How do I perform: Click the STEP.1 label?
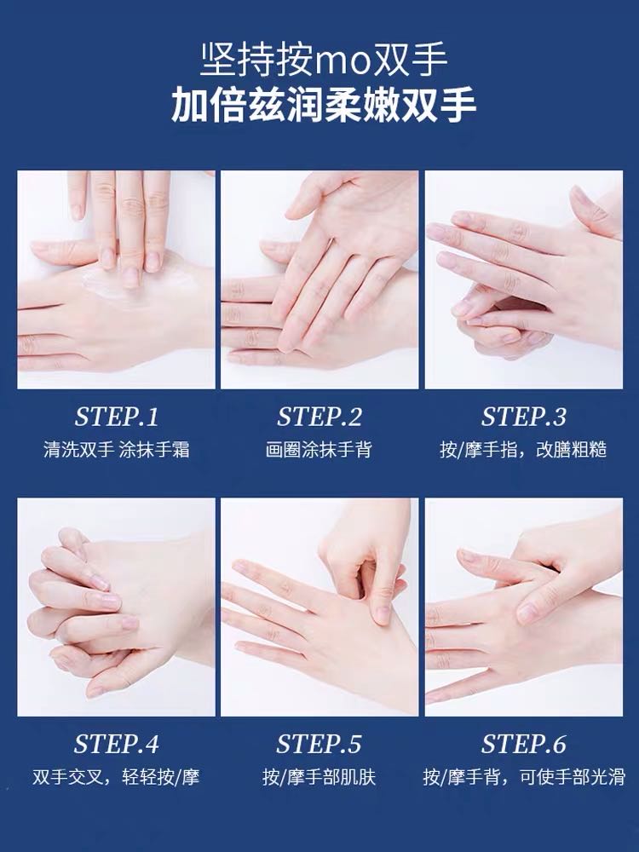(x=116, y=417)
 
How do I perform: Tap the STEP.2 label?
(x=319, y=417)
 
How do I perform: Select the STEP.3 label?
(x=524, y=417)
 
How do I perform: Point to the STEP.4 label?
(x=116, y=744)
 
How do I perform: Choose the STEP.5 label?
(x=319, y=744)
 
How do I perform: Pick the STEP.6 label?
(x=524, y=744)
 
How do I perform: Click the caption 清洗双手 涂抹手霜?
(x=116, y=450)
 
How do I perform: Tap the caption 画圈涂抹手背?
(x=319, y=450)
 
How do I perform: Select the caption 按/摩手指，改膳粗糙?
(x=523, y=450)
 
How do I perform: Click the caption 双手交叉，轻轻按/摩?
(x=116, y=777)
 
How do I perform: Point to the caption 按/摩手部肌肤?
(x=319, y=777)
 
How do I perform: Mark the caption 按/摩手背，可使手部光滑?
(x=524, y=777)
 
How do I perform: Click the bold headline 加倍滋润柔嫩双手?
(x=324, y=105)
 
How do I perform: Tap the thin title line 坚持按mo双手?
(x=324, y=59)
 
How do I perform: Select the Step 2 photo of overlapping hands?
(x=319, y=279)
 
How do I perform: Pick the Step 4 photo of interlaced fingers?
(x=116, y=607)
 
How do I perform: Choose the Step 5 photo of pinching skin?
(x=319, y=607)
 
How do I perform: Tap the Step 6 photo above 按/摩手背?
(x=524, y=607)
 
